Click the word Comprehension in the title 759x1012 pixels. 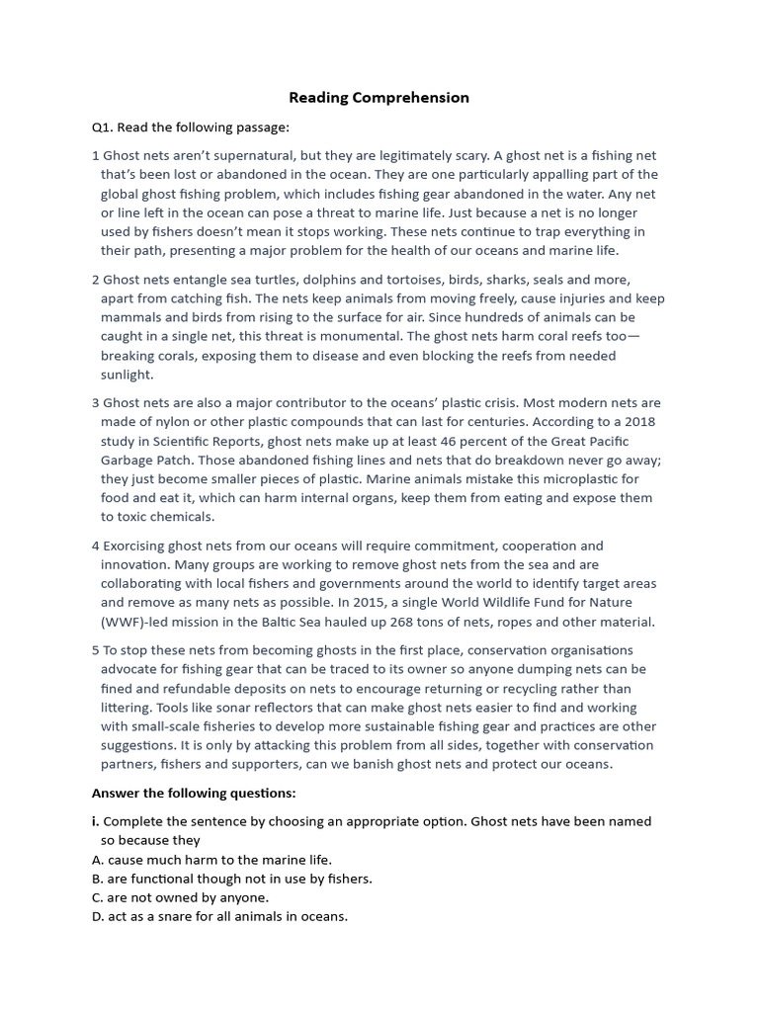pos(419,98)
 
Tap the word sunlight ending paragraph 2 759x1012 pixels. pos(126,375)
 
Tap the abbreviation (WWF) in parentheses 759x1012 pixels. pos(126,622)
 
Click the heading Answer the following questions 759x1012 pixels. pos(194,793)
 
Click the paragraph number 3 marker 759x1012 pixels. pos(96,403)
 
